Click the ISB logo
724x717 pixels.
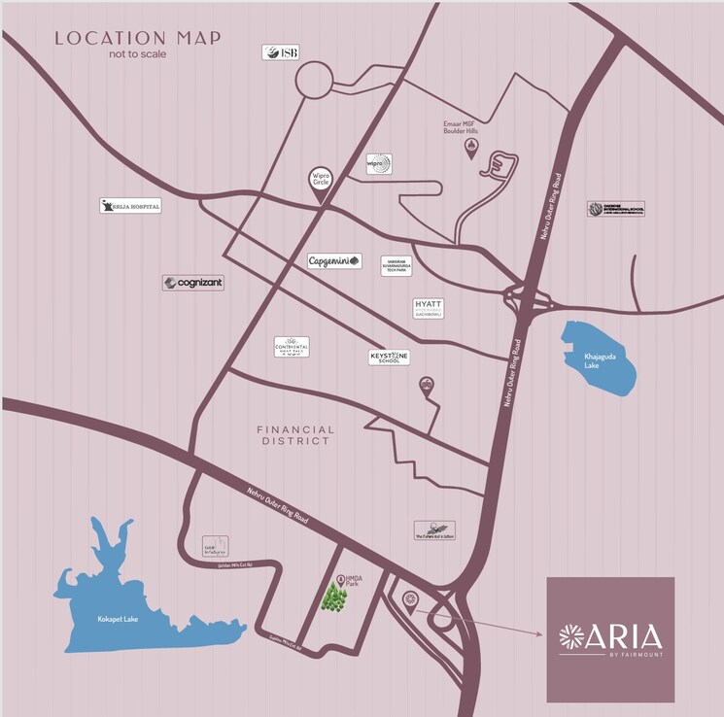tap(280, 52)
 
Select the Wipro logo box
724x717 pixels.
tap(379, 164)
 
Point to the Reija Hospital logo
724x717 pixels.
tap(130, 206)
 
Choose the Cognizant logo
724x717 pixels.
tap(193, 283)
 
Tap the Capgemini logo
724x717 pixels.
tap(334, 260)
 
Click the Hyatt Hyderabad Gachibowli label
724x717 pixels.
tap(428, 308)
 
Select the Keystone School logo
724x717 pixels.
tap(389, 358)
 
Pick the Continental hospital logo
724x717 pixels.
tap(292, 347)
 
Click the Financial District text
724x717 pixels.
tap(295, 435)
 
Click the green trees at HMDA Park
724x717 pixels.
tap(335, 597)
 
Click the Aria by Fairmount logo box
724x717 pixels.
tap(610, 638)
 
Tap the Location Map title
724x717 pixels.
tap(137, 39)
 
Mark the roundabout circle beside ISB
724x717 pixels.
tap(315, 80)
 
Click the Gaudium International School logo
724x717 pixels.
tap(615, 209)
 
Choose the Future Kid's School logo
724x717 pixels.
tap(434, 529)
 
